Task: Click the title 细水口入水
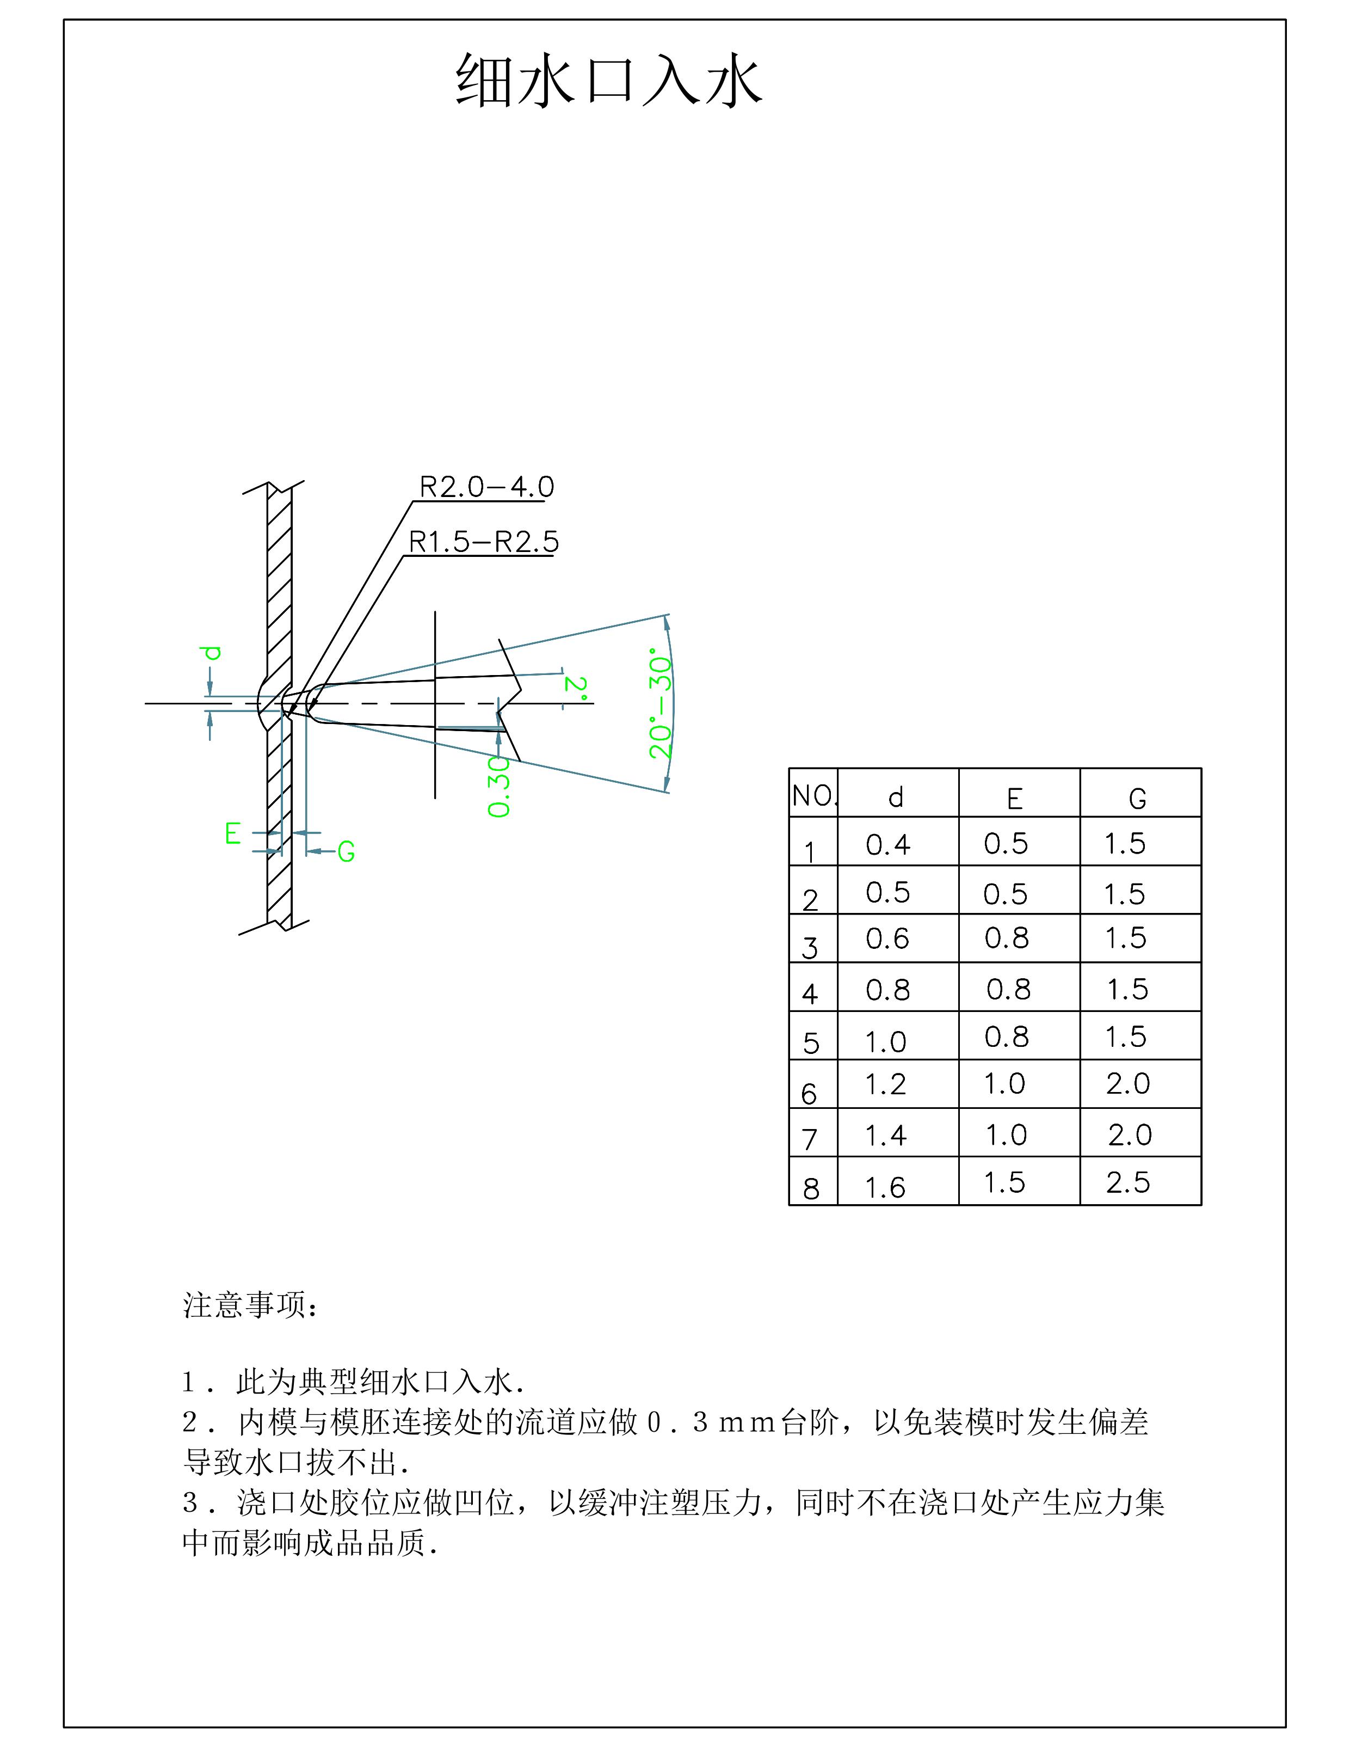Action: (608, 82)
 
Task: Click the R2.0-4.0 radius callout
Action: (486, 487)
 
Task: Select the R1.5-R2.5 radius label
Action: (483, 542)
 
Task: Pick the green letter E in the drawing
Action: (233, 834)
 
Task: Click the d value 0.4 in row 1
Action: (887, 844)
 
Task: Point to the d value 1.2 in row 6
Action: (885, 1084)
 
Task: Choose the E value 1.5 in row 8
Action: (1004, 1182)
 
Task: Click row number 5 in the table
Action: (811, 1043)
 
